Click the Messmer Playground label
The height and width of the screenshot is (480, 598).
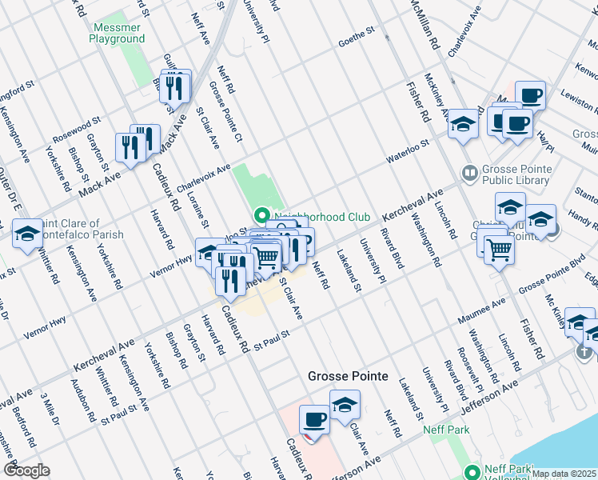tap(117, 32)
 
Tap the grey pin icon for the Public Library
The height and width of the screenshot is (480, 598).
tap(469, 172)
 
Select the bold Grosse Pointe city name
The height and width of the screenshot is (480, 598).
tap(348, 376)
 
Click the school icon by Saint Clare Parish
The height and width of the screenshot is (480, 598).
tap(28, 234)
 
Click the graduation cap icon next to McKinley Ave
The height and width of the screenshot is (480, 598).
tap(462, 124)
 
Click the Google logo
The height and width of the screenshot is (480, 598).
tap(26, 470)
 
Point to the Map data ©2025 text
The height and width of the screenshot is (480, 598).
tap(564, 474)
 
